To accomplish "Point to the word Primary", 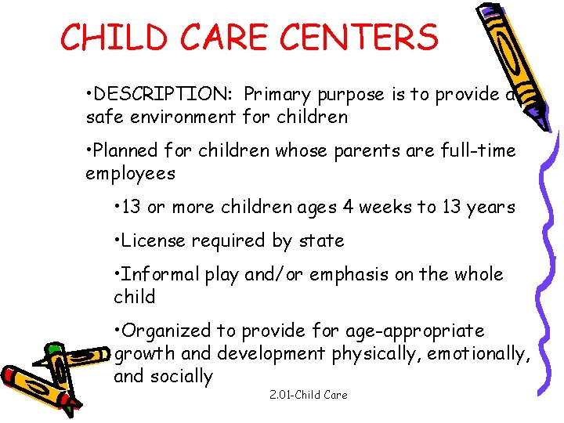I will point(278,95).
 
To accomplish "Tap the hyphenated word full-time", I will point(479,150).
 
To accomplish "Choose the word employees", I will point(130,173).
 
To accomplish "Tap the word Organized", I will point(168,331).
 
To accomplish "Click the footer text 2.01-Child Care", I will point(308,395).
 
